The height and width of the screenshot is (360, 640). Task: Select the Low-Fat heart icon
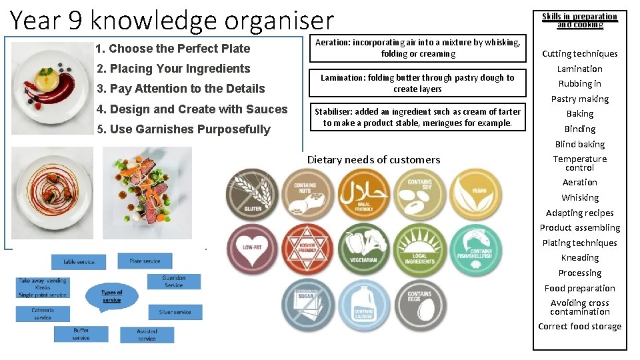point(251,250)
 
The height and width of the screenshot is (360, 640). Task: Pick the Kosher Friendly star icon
point(307,250)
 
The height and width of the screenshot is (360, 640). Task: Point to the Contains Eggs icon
point(419,306)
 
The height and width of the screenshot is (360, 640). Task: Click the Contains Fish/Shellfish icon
point(476,250)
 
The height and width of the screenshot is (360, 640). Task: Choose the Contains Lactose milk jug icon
point(363,306)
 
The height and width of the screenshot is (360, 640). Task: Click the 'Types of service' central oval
point(112,296)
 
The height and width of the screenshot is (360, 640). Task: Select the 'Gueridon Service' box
point(173,281)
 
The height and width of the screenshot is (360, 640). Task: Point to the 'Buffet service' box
point(81,334)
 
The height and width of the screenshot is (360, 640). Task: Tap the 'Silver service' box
point(175,312)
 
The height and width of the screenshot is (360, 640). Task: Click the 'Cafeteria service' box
point(43,313)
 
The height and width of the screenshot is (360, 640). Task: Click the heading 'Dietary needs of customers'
point(373,160)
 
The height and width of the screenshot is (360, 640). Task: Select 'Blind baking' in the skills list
point(579,144)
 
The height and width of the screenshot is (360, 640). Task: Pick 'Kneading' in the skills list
point(579,258)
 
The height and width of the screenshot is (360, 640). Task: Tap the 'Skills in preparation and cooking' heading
point(579,21)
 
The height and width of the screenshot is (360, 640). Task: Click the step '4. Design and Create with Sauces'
point(192,109)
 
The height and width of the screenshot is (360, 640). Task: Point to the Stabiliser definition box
point(417,117)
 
